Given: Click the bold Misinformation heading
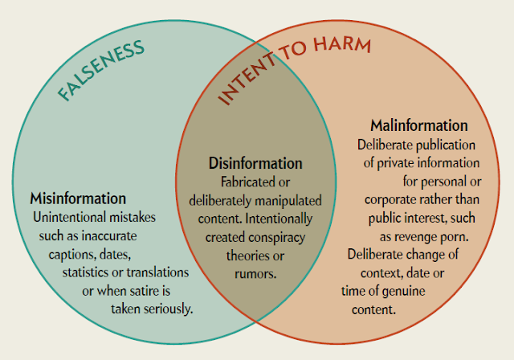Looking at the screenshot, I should pyautogui.click(x=78, y=198).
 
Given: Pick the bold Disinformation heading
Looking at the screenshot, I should pyautogui.click(x=255, y=164).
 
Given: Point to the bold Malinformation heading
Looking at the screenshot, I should pyautogui.click(x=419, y=126).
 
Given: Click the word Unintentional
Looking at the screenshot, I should pyautogui.click(x=68, y=217).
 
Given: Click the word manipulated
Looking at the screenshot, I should pyautogui.click(x=290, y=199).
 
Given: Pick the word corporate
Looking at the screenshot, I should pyautogui.click(x=393, y=199).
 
